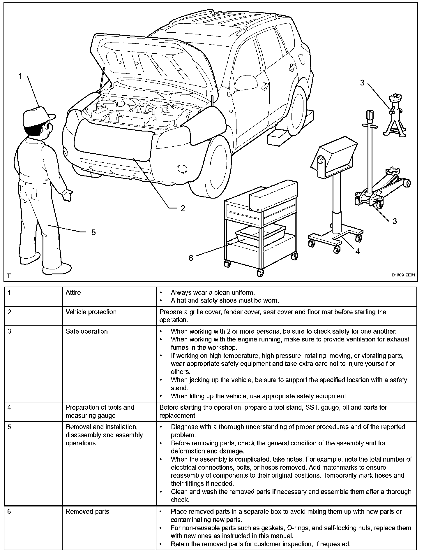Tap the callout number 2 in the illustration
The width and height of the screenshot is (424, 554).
(x=183, y=208)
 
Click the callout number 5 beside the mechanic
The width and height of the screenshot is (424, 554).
(x=93, y=232)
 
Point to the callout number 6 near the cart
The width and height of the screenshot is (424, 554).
(x=191, y=258)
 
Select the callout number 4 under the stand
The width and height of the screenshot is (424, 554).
(x=358, y=251)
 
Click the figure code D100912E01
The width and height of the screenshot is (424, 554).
(x=403, y=275)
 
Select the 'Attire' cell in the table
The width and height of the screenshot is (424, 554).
(x=73, y=292)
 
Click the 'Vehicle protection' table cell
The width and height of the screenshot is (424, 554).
(x=91, y=312)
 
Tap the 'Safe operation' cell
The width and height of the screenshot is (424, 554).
(x=86, y=332)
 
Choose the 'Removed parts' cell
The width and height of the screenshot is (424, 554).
(x=87, y=511)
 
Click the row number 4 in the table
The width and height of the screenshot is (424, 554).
(x=9, y=407)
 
